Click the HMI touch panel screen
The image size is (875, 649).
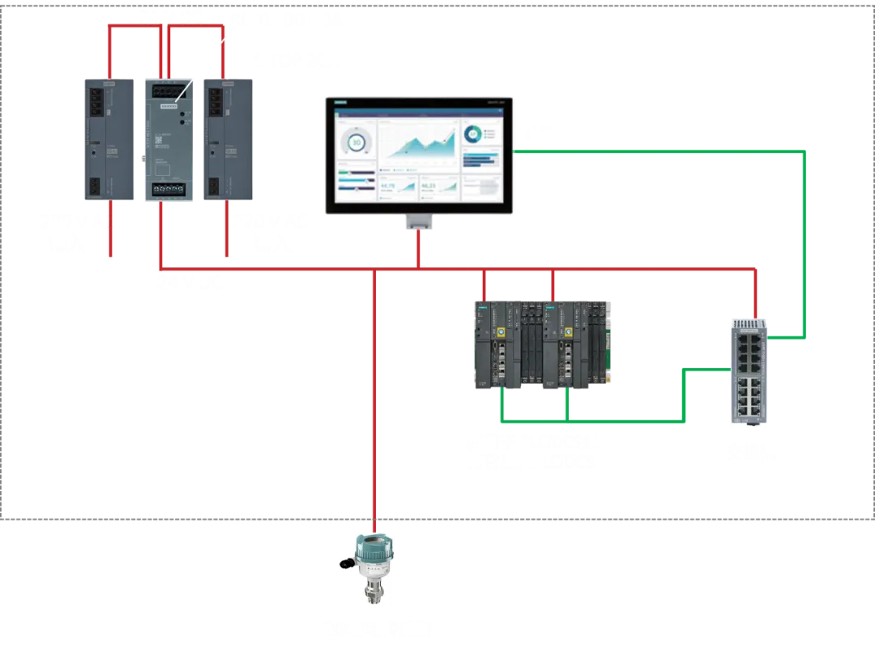tap(420, 156)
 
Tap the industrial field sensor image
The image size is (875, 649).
tap(366, 569)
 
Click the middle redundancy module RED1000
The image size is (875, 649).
tap(168, 139)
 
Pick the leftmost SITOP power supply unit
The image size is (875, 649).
tap(109, 139)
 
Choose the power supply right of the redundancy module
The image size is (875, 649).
tap(226, 139)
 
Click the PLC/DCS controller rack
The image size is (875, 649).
tap(542, 344)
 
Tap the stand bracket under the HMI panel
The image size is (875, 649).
tap(419, 221)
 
